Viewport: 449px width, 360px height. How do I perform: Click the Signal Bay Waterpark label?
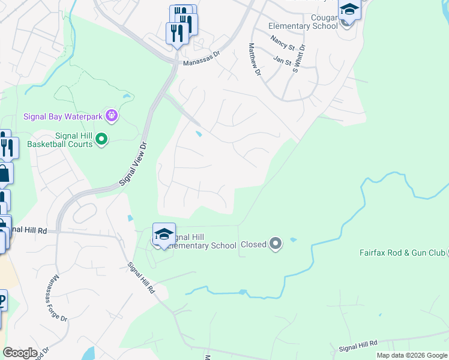pos(63,116)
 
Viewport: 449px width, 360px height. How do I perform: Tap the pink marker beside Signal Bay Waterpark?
pos(111,115)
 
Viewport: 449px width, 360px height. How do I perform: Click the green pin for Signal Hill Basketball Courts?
pos(101,140)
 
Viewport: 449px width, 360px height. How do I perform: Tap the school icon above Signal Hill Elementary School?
pos(164,234)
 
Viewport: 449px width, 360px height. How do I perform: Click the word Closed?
pos(253,244)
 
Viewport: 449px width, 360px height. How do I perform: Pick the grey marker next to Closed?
pos(276,244)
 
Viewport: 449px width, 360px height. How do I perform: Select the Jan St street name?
pos(282,60)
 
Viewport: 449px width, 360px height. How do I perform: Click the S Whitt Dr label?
pos(298,58)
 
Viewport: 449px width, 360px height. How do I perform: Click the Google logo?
pos(20,353)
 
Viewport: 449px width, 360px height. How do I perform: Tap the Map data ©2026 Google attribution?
pos(411,355)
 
